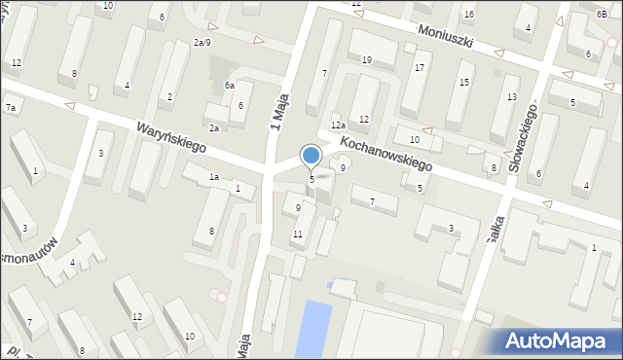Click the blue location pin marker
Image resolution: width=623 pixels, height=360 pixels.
(311, 156)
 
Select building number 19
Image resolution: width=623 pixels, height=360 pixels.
(366, 60)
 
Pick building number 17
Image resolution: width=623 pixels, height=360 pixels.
(419, 68)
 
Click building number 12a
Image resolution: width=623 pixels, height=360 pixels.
(338, 125)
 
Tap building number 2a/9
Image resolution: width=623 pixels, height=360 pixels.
(202, 42)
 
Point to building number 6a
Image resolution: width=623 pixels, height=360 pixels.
(230, 86)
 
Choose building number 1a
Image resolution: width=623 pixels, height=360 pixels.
(213, 176)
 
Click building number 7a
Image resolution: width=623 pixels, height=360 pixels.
(11, 107)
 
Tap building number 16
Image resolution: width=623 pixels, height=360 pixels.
(468, 14)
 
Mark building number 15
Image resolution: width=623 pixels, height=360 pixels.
(464, 82)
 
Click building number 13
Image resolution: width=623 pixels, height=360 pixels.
(511, 95)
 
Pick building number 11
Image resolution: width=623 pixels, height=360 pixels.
(297, 234)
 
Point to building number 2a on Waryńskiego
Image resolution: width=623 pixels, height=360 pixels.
(213, 127)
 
